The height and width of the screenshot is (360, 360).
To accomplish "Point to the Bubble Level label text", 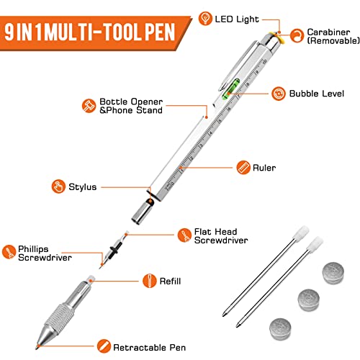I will click(x=314, y=94).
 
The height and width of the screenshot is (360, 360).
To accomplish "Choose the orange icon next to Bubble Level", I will click(x=277, y=93).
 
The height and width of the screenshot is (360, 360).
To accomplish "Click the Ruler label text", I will click(x=264, y=168).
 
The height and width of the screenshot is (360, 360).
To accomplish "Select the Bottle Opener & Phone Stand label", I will click(x=131, y=106).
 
